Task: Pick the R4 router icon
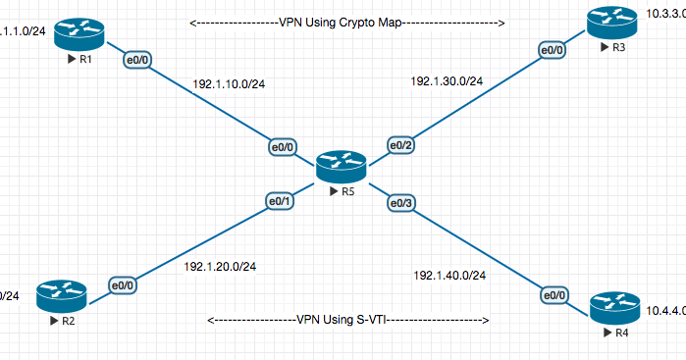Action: (x=613, y=307)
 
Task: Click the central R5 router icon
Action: (x=341, y=167)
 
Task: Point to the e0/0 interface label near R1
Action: (x=134, y=61)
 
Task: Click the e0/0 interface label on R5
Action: (x=284, y=148)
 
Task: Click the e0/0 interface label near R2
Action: (x=123, y=285)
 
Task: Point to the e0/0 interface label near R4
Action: (x=554, y=294)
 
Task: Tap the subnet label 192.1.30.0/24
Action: (x=447, y=81)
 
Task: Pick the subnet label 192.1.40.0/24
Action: (x=450, y=276)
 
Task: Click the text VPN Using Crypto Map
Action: (x=346, y=22)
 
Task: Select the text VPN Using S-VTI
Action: (x=349, y=320)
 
